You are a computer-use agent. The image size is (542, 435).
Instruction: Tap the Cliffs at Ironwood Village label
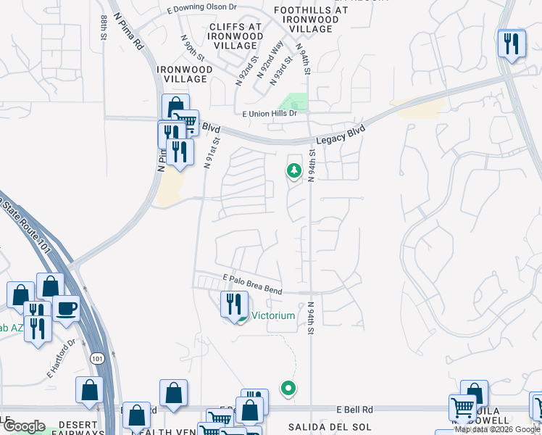point(235,36)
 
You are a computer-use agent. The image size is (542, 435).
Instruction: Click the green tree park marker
point(294,171)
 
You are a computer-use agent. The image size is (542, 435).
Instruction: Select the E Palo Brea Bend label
point(252,283)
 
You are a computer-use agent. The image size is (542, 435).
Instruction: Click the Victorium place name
point(272,315)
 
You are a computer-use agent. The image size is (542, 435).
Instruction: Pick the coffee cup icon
point(66,307)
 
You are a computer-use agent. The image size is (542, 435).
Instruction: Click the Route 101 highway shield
point(97,359)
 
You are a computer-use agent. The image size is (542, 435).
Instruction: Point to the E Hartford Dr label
point(62,359)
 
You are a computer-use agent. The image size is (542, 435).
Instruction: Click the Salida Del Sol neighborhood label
point(320,427)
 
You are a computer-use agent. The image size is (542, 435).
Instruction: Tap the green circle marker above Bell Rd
point(288,389)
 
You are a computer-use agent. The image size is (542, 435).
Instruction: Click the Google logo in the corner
point(25,426)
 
